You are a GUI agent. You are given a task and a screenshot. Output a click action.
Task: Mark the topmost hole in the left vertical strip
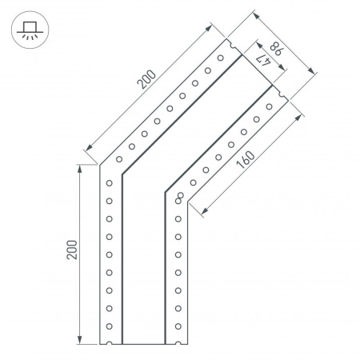(x=110, y=183)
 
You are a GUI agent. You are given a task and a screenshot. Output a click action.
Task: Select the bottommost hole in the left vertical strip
(x=110, y=326)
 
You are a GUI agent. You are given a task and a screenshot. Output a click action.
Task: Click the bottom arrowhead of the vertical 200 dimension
(x=81, y=342)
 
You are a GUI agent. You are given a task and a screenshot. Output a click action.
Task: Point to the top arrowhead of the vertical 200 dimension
(x=81, y=166)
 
